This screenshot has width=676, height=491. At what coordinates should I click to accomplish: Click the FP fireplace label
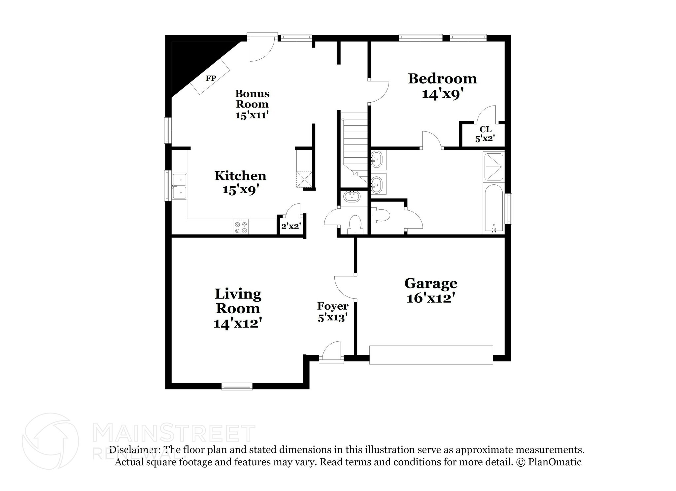coord(211,78)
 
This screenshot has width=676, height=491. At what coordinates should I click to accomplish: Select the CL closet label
coord(486,129)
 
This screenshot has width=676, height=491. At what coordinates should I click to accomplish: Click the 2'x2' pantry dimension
coord(291,227)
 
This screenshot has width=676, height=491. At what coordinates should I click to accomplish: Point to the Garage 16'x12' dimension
coord(431,298)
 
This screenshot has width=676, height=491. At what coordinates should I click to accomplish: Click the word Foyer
coord(333,306)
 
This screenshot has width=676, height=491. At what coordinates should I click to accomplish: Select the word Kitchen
coord(240,176)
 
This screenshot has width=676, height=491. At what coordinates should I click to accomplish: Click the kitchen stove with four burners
coord(241,227)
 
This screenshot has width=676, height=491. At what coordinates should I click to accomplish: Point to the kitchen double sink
coord(179,187)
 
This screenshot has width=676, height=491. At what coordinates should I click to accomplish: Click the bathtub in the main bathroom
coord(493,209)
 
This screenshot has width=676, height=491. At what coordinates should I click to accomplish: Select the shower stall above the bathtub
coord(493,167)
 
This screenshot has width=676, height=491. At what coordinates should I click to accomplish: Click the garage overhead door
coord(431,355)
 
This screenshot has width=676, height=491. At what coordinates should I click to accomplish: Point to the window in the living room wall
coord(237,386)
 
